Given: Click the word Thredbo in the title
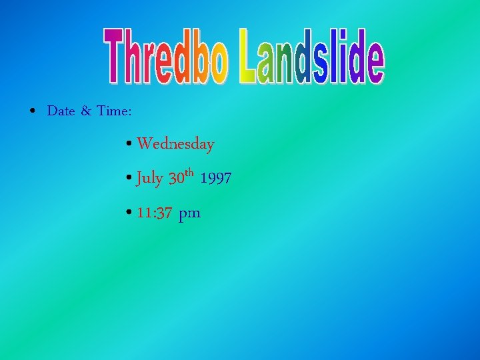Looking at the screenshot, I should click(167, 57).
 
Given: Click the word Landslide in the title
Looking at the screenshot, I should click(312, 57).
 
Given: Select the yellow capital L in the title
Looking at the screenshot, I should click(250, 57).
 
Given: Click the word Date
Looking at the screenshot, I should click(61, 111).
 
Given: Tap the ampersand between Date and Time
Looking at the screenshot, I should click(86, 111).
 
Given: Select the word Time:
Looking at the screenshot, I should click(113, 111).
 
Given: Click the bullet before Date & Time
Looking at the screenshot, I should click(33, 111).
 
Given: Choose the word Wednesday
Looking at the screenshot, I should click(175, 144).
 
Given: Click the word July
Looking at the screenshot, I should click(149, 179).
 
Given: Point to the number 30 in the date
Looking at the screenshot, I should click(176, 179).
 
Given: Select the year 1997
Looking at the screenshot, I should click(215, 179).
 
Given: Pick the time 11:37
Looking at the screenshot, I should click(154, 213).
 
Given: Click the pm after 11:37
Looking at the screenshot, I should click(189, 215).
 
